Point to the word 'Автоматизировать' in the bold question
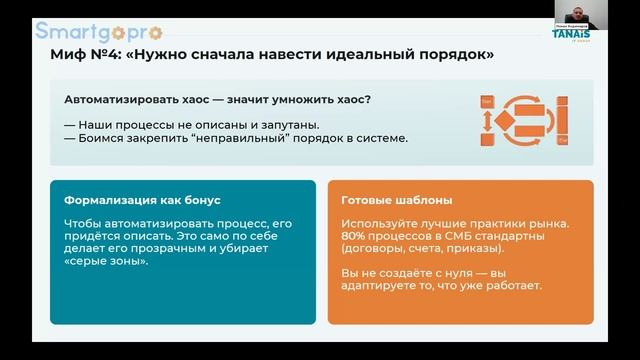117,100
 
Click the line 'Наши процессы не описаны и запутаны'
191,124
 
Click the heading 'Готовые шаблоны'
389,199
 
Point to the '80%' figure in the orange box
355,235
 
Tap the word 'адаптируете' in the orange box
378,286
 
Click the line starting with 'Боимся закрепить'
235,137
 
